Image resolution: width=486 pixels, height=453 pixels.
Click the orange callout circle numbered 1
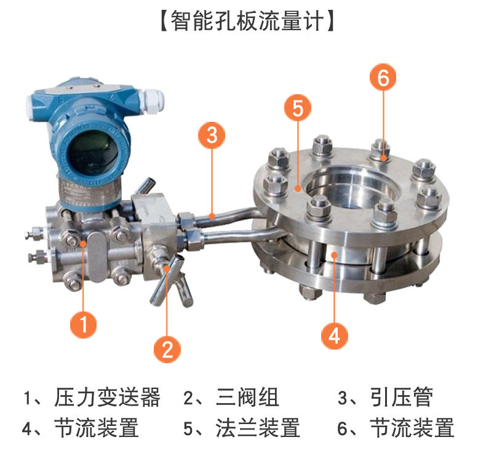[x=83, y=324]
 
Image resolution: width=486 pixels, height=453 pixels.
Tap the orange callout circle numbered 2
[x=167, y=349]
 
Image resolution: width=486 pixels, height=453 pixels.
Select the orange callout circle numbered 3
[x=212, y=135]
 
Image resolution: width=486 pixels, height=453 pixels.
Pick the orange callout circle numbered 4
[x=334, y=336]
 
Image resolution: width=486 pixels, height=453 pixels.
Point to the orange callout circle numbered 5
[x=298, y=108]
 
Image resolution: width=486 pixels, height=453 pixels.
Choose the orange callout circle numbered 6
[x=383, y=77]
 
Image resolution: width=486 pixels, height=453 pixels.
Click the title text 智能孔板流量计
[x=247, y=20]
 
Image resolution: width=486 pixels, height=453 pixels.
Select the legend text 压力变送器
[x=107, y=397]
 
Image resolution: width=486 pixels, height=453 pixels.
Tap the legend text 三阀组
[x=247, y=397]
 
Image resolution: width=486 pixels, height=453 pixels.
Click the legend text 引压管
[x=402, y=397]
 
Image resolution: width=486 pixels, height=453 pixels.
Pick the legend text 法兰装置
[x=258, y=428]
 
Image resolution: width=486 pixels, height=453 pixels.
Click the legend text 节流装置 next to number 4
[x=97, y=428]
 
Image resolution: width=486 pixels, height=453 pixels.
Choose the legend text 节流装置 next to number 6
[x=412, y=428]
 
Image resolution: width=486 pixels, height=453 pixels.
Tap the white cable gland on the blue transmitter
[x=151, y=101]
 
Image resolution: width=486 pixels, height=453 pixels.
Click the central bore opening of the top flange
[x=350, y=186]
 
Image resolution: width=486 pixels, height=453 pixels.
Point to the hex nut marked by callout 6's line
[x=381, y=150]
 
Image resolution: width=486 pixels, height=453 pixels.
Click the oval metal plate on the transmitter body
[x=97, y=257]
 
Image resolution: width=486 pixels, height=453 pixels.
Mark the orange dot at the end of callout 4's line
[x=334, y=255]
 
